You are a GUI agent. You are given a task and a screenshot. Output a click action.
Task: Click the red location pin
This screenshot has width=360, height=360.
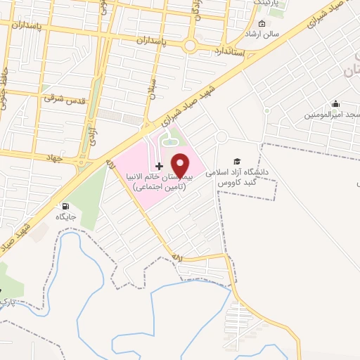(180, 166)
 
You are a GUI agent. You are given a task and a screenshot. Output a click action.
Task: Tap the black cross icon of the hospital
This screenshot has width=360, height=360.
(159, 167)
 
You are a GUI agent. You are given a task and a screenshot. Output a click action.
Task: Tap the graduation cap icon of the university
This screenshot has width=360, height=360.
(237, 161)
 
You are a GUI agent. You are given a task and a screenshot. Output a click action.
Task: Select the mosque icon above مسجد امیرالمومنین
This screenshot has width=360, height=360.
(336, 104)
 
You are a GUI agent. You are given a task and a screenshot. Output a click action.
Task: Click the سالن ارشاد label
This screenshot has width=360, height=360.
(266, 33)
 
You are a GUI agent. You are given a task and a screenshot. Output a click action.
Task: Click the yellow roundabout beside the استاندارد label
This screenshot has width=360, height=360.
(190, 46)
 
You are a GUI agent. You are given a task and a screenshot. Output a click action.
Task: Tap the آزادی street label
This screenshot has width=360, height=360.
(91, 135)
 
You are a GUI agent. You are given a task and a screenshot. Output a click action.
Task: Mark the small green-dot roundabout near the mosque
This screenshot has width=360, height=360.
(267, 111)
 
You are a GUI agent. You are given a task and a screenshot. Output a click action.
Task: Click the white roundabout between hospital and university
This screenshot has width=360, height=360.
(221, 137)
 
